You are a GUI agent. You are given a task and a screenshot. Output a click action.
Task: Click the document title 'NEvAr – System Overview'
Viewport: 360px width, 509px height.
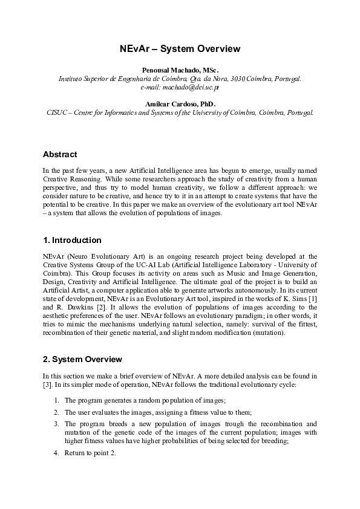point(180,49)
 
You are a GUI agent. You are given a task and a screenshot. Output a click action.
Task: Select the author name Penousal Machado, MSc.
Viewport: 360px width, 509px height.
point(180,71)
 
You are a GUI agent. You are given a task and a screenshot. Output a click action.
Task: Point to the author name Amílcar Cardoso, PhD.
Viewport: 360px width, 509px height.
point(180,104)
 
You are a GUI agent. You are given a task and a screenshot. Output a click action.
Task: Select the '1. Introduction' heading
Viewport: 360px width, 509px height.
point(72,241)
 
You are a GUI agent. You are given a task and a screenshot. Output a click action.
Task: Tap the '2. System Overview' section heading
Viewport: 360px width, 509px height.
point(82,360)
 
